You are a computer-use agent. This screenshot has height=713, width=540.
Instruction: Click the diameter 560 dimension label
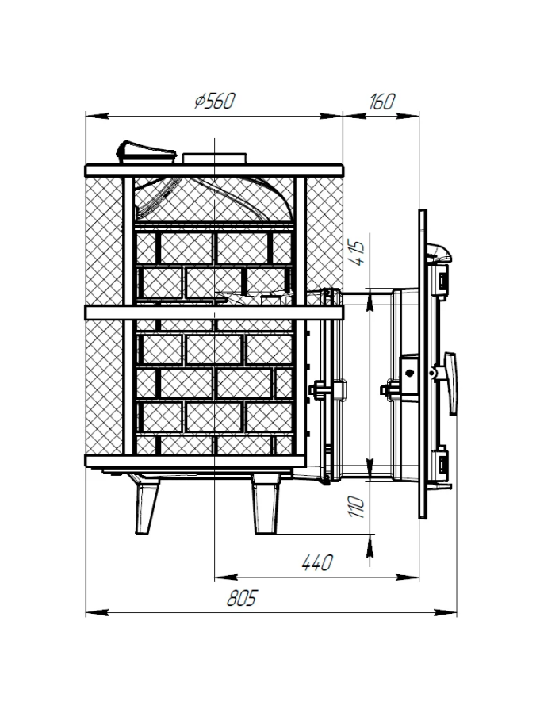(x=215, y=101)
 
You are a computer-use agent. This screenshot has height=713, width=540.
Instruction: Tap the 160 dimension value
(x=381, y=102)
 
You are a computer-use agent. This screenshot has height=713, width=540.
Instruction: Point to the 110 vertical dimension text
(x=358, y=506)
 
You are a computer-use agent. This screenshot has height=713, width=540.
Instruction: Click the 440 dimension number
(x=317, y=563)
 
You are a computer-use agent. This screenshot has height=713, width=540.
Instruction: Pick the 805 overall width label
(x=242, y=599)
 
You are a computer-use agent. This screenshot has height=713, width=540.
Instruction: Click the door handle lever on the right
(x=450, y=383)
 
